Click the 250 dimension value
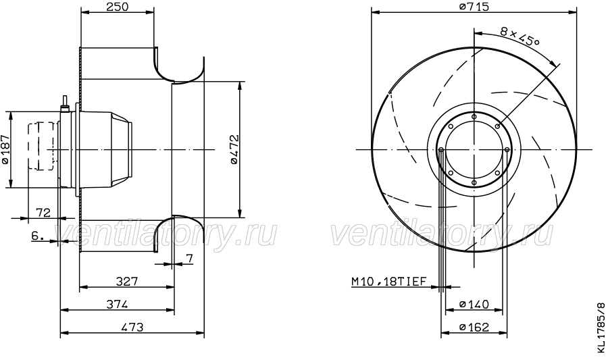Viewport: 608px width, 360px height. [117, 7]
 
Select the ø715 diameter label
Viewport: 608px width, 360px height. [474, 7]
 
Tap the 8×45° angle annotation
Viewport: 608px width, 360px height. [520, 36]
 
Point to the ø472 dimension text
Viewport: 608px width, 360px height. [234, 149]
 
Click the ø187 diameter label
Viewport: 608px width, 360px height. [5, 149]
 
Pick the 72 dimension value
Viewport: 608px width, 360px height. [43, 213]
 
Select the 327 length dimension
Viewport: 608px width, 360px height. [127, 281]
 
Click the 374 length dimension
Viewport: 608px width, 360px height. [117, 304]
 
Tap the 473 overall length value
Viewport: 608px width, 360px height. [132, 327]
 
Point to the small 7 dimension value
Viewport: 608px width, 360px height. [189, 259]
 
